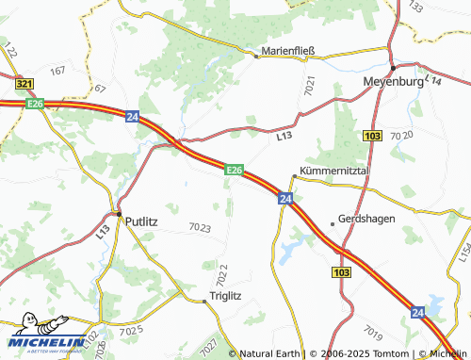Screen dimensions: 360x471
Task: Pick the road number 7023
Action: pyautogui.click(x=200, y=227)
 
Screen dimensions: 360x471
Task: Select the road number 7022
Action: pyautogui.click(x=222, y=276)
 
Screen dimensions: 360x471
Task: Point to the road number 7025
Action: pyautogui.click(x=131, y=329)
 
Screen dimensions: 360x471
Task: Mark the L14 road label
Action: pyautogui.click(x=433, y=81)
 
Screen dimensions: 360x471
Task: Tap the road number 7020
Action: pyautogui.click(x=401, y=136)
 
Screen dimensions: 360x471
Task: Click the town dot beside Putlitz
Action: pyautogui.click(x=119, y=215)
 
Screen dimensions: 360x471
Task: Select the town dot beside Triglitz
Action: pyautogui.click(x=205, y=302)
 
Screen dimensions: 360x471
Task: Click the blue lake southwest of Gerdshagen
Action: pyautogui.click(x=291, y=248)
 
